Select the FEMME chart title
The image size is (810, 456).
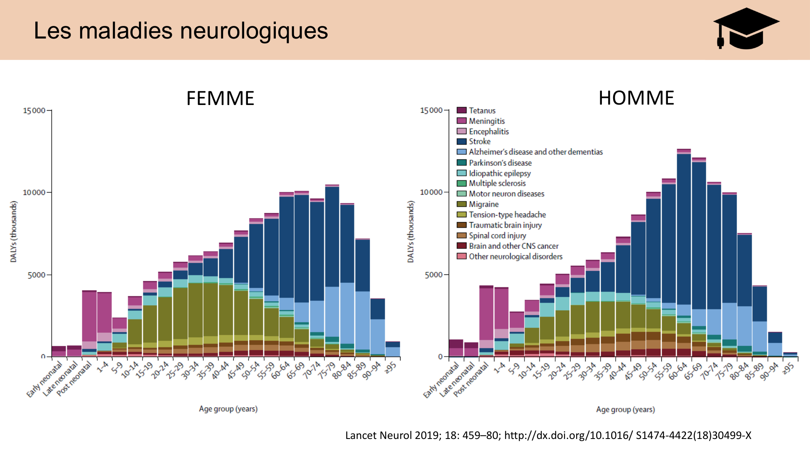pyautogui.click(x=220, y=98)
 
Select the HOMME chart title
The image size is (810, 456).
pyautogui.click(x=636, y=98)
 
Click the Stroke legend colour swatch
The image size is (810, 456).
pyautogui.click(x=461, y=141)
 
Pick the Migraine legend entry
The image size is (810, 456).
pyautogui.click(x=484, y=204)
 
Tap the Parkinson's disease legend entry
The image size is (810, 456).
pyautogui.click(x=500, y=163)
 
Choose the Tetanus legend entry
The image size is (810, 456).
pyautogui.click(x=482, y=111)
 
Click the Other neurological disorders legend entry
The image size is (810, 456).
pyautogui.click(x=515, y=257)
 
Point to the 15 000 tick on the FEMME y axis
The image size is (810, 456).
pyautogui.click(x=34, y=111)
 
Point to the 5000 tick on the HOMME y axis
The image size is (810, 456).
pyautogui.click(x=434, y=275)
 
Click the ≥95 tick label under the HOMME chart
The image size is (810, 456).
pyautogui.click(x=789, y=368)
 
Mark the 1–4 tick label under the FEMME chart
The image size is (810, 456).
pyautogui.click(x=103, y=367)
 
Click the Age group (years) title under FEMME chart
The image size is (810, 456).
pyautogui.click(x=228, y=409)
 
